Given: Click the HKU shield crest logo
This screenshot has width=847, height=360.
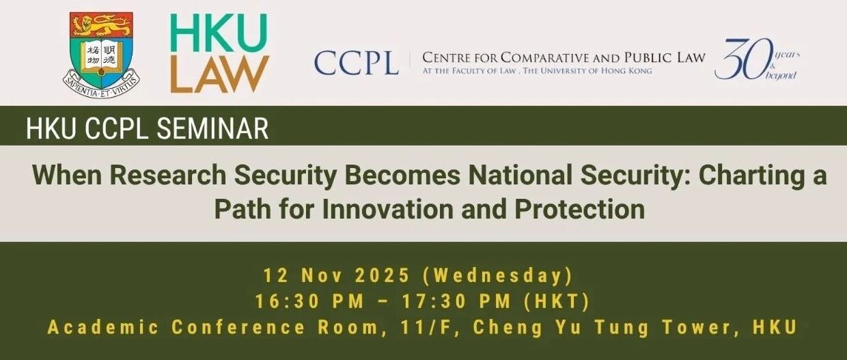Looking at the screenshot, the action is click(101, 55).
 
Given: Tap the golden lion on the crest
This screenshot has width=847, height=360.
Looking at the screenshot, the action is click(101, 26).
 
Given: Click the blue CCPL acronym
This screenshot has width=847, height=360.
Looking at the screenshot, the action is click(356, 63).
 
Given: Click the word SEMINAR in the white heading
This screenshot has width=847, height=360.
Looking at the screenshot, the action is click(212, 128).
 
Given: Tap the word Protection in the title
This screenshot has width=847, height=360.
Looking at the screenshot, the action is click(580, 209).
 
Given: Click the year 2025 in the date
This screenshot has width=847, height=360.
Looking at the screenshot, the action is click(383, 275).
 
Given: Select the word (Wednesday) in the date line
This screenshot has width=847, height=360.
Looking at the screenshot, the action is click(497, 276).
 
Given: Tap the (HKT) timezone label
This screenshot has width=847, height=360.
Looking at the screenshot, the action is click(557, 302).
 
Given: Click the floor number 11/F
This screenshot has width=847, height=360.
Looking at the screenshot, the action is click(426, 328).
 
